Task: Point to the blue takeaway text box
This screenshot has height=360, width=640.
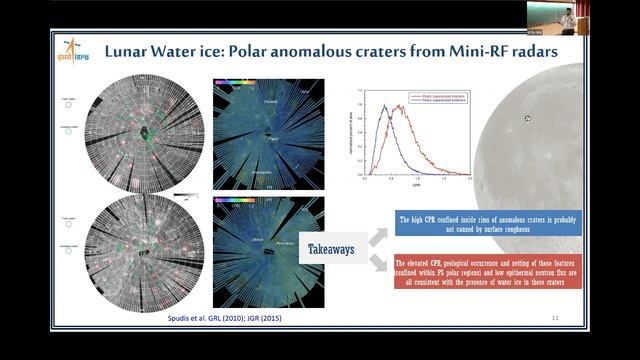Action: (480, 226)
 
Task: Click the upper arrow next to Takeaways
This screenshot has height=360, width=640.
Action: (378, 234)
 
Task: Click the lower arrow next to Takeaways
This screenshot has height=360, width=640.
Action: (378, 262)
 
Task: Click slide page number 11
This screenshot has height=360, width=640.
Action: (554, 317)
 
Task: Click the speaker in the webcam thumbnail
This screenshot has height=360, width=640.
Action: (567, 19)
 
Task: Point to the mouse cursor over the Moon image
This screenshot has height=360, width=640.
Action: (527, 119)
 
